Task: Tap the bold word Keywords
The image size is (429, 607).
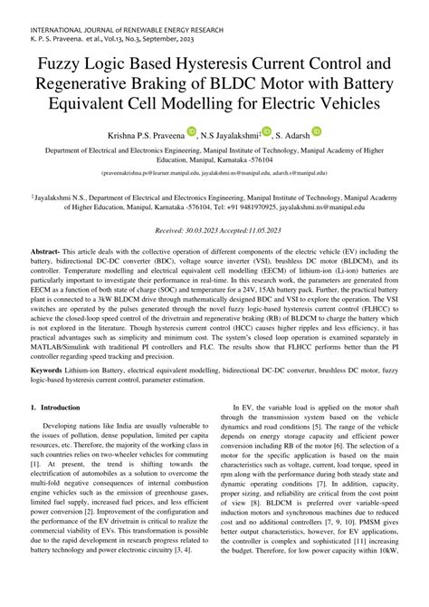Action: (x=53, y=396)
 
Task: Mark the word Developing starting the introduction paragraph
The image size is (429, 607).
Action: (x=68, y=450)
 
